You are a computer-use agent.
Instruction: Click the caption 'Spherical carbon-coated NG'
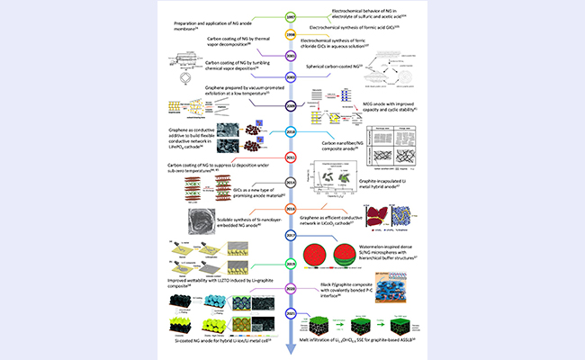(333, 67)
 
